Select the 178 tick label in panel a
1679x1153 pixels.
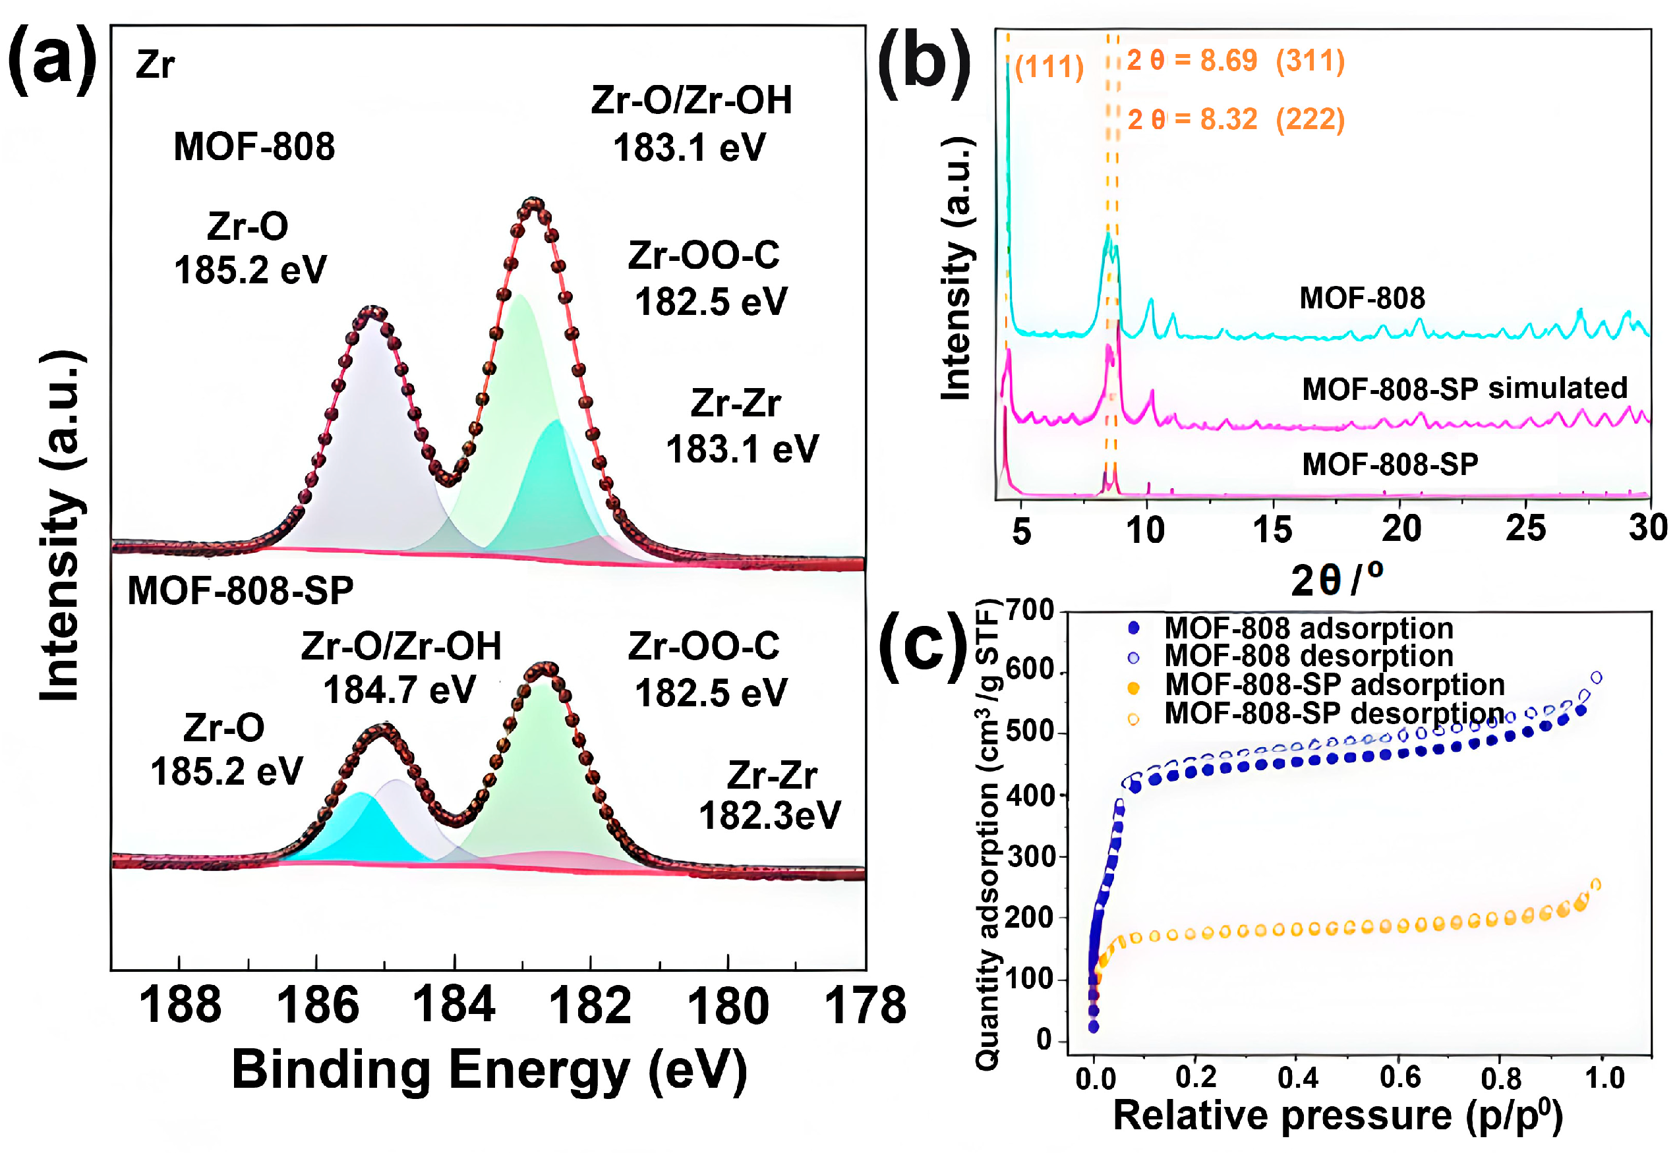tap(865, 1005)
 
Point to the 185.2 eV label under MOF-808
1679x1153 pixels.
tap(250, 270)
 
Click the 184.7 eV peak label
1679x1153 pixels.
tap(399, 689)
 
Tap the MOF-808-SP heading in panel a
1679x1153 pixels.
tap(240, 591)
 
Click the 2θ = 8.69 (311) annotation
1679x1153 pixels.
tap(1236, 61)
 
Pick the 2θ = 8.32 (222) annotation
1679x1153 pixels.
tap(1236, 119)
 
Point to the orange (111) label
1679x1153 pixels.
tap(1049, 67)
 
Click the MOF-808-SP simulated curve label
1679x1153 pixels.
tap(1464, 389)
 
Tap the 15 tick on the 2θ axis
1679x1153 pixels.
tap(1272, 530)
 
